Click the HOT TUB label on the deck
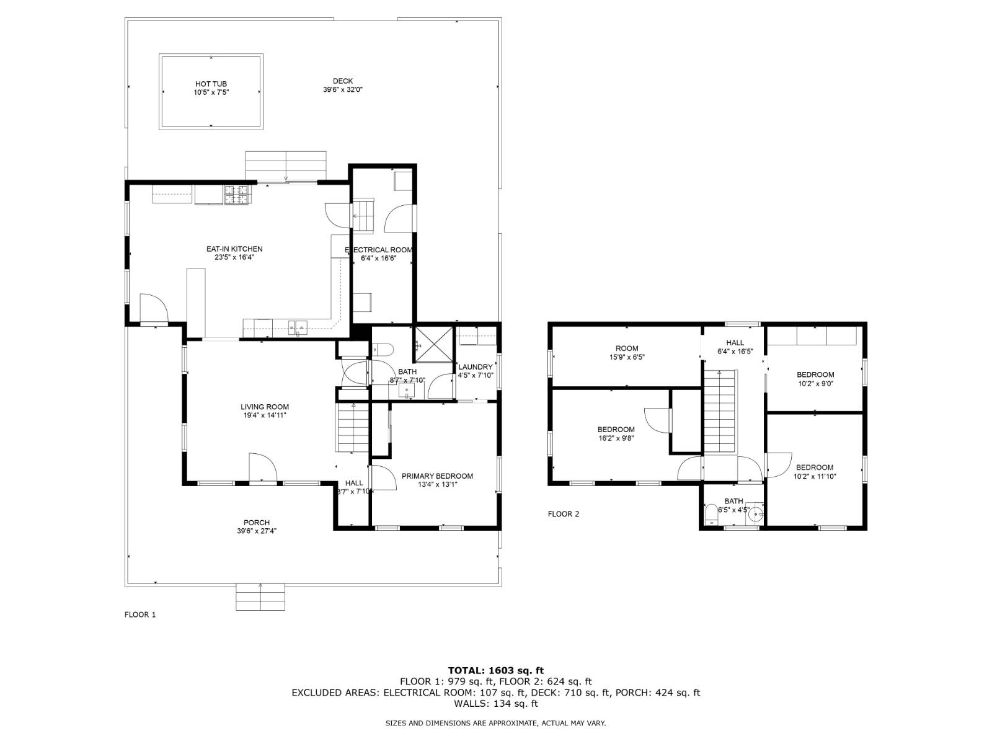(211, 84)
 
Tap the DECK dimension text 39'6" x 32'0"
(342, 89)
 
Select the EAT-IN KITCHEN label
(234, 249)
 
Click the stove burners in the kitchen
(237, 195)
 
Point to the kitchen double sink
(298, 325)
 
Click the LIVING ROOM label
(265, 407)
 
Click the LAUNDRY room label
(475, 367)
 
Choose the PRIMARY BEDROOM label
(437, 476)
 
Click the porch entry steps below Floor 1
(260, 596)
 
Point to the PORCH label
(256, 523)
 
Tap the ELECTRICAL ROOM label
(378, 250)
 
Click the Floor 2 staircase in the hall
(719, 412)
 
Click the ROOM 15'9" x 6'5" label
(626, 348)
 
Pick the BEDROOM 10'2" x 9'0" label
(815, 374)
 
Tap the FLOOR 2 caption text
(563, 514)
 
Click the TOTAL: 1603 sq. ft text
(495, 670)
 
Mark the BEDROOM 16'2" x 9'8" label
(616, 430)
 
